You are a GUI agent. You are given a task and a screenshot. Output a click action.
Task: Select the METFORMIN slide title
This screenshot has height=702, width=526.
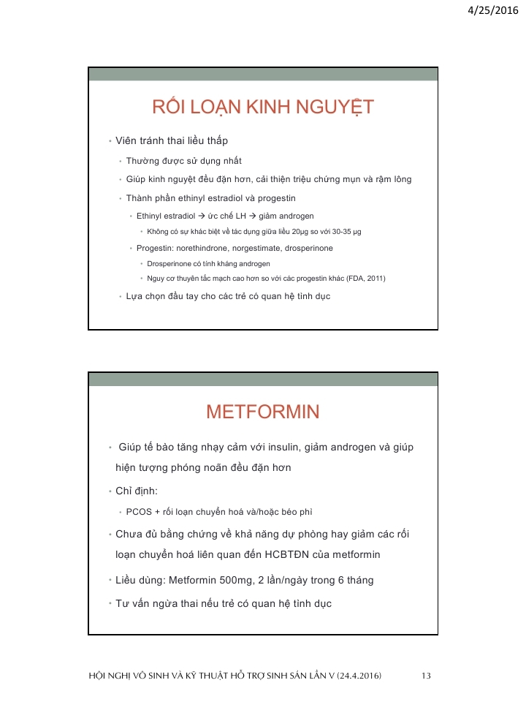click(x=263, y=412)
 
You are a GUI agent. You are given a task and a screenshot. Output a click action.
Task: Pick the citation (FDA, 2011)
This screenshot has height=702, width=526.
click(x=363, y=278)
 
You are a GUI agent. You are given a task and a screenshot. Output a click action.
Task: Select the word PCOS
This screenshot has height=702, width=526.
click(x=139, y=511)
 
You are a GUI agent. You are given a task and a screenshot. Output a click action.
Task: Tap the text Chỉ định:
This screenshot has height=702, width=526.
click(x=137, y=490)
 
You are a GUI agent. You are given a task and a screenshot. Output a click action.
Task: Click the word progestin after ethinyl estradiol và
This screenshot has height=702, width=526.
click(x=276, y=198)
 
